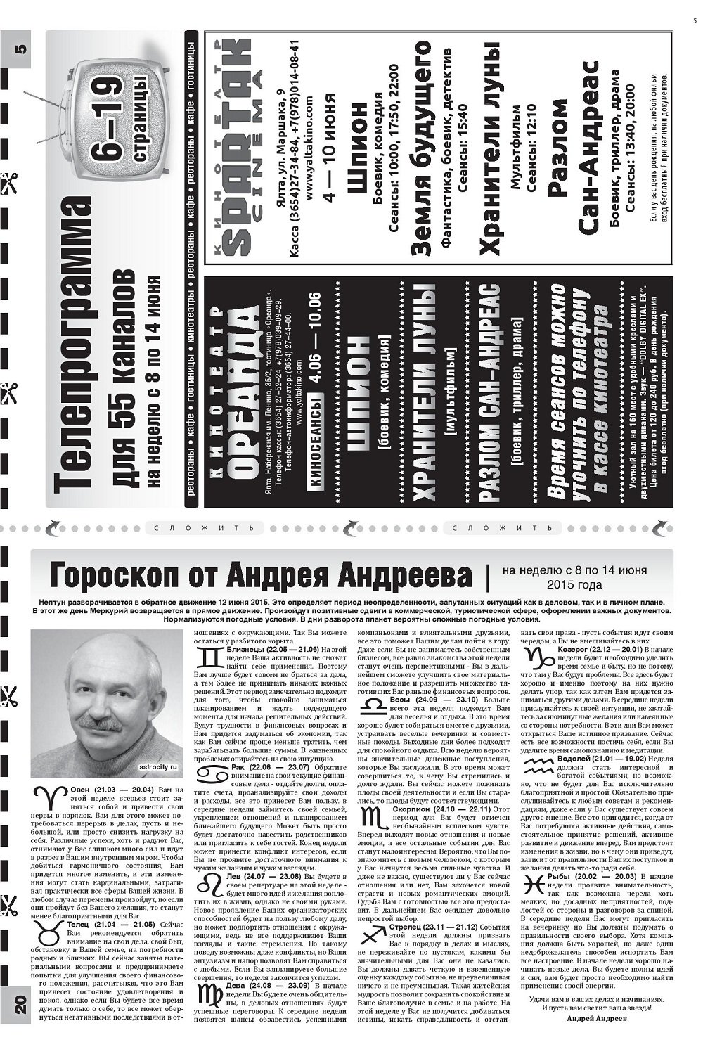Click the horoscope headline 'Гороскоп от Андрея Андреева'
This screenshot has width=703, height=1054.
pos(260,575)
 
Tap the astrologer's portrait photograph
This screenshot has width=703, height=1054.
pos(106,703)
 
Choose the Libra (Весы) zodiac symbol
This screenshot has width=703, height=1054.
pos(373,704)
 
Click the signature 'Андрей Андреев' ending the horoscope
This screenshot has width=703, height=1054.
pos(595,1017)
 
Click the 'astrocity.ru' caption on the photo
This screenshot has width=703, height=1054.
pos(160,768)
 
